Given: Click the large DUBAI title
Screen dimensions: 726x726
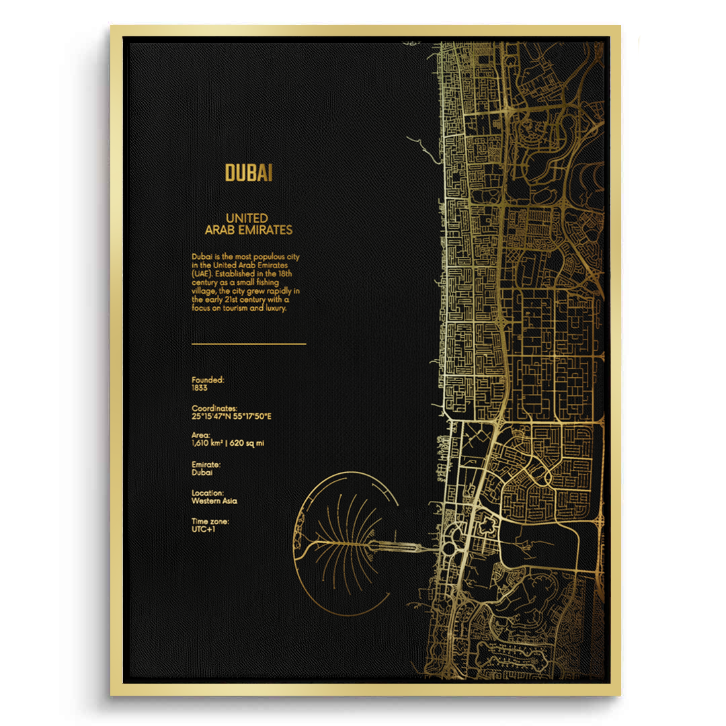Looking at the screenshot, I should pyautogui.click(x=249, y=173).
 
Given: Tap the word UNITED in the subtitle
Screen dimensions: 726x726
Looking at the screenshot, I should pyautogui.click(x=247, y=218).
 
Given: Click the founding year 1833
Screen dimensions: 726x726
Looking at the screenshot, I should pyautogui.click(x=199, y=388).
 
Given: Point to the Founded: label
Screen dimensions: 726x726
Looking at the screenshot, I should pyautogui.click(x=208, y=380).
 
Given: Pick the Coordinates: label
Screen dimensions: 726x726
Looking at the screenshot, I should pyautogui.click(x=214, y=408).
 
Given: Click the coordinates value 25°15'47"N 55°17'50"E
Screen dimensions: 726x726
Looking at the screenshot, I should pyautogui.click(x=231, y=416).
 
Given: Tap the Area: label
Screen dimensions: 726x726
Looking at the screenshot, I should pyautogui.click(x=200, y=436).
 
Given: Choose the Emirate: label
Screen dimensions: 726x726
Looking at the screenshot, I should pyautogui.click(x=206, y=465).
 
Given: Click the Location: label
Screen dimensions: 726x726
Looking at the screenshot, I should pyautogui.click(x=208, y=493).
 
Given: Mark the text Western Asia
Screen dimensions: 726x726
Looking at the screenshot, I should pyautogui.click(x=214, y=501).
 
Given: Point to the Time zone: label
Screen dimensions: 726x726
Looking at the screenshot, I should pyautogui.click(x=210, y=521).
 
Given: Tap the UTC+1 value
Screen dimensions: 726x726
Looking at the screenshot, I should pyautogui.click(x=203, y=529).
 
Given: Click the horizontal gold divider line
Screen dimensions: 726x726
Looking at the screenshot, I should pyautogui.click(x=249, y=344).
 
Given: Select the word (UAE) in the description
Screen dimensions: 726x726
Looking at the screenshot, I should pyautogui.click(x=203, y=274).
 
